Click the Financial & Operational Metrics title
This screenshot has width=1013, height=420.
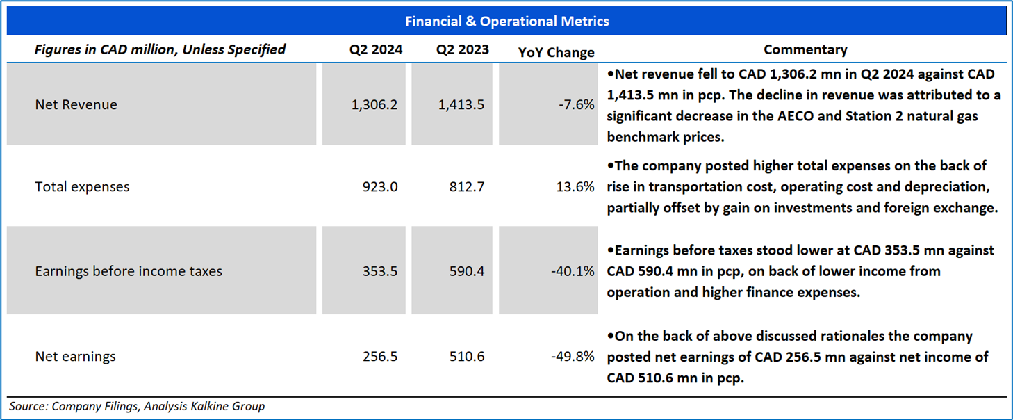[506, 22]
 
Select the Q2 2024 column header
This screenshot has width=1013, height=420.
[376, 50]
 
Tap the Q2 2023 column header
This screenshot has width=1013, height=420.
[463, 50]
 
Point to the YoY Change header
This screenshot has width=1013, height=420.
[557, 52]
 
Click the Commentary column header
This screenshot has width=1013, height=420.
[805, 50]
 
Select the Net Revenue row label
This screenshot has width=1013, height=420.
[76, 105]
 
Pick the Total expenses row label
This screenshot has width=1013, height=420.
[82, 187]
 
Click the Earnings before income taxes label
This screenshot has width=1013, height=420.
[129, 271]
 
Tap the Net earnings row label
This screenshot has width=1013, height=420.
[75, 357]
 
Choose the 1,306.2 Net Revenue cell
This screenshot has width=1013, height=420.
[375, 105]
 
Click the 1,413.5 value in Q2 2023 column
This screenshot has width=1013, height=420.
[461, 105]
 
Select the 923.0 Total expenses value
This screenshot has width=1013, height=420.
[380, 187]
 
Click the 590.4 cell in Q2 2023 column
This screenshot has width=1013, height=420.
[467, 271]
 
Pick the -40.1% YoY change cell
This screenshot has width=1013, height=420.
[573, 271]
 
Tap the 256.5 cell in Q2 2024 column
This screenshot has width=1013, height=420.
[380, 357]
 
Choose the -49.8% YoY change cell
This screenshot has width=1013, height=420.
[573, 357]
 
